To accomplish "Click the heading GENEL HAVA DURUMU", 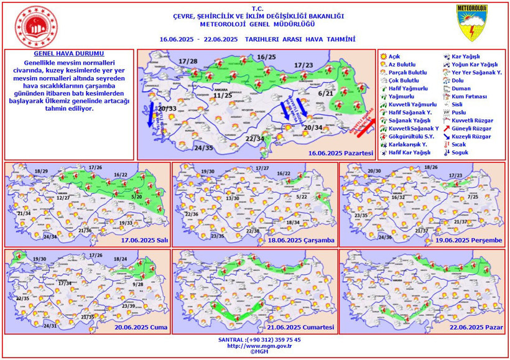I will pos(68,54).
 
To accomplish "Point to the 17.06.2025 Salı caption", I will pos(139,240).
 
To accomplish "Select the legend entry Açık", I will pos(394,57).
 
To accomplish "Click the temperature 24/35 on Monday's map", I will pos(203,148).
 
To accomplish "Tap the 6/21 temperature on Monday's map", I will pos(326,93).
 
